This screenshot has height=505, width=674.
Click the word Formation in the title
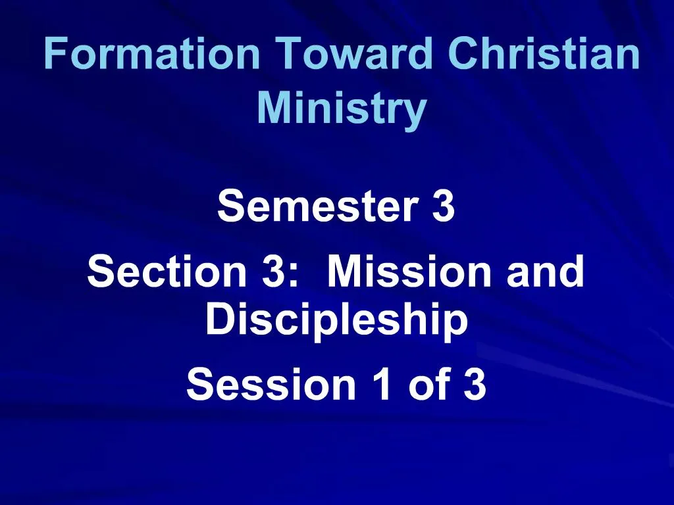coord(152,55)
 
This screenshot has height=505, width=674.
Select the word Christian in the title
coord(544,55)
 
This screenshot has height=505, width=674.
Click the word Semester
coord(318,206)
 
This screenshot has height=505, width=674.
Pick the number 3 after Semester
coord(444,206)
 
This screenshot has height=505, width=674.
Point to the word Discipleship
coord(336,320)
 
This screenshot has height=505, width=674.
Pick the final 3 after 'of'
coord(475,385)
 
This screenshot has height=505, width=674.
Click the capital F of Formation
coord(55,55)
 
